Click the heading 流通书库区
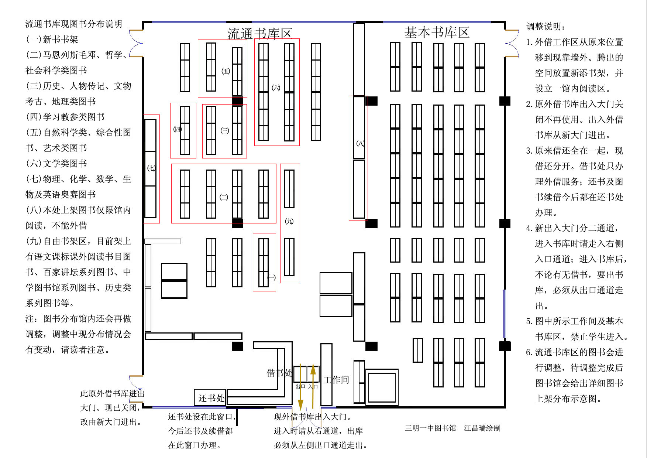click(x=259, y=34)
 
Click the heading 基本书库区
click(x=437, y=33)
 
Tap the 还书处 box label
click(x=211, y=398)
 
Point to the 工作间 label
click(x=336, y=380)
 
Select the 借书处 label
click(x=279, y=373)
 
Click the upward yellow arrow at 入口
click(x=313, y=384)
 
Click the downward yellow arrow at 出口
click(x=300, y=388)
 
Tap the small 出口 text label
click(x=300, y=386)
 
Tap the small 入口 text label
click(x=313, y=386)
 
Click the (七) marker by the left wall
click(x=151, y=168)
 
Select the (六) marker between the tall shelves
click(x=276, y=88)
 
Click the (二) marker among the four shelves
click(x=224, y=197)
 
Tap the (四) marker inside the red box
click(x=177, y=129)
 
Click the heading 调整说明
click(x=546, y=27)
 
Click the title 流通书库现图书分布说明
click(x=73, y=24)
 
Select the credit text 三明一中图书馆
click(x=430, y=428)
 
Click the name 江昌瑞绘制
click(x=482, y=428)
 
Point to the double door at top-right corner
click(x=511, y=44)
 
